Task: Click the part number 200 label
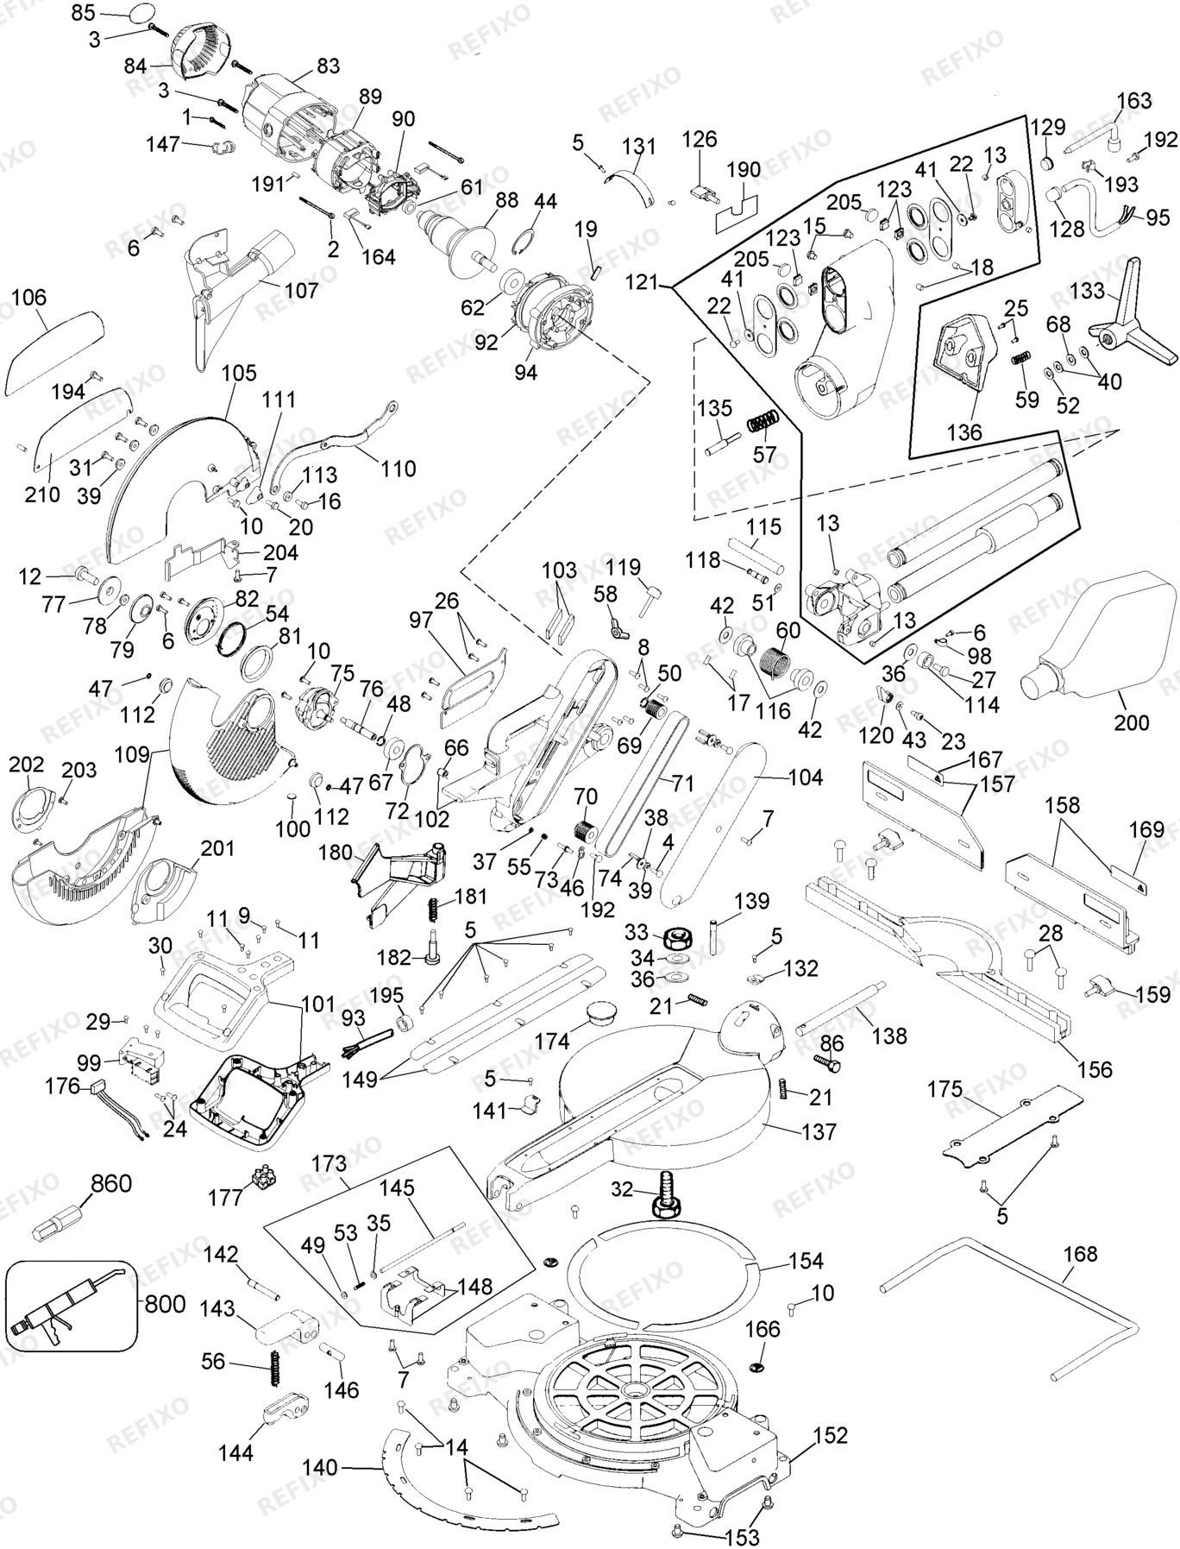tap(1131, 723)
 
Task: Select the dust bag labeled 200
tap(1098, 633)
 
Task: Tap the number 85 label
tap(84, 12)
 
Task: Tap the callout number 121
tap(642, 282)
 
